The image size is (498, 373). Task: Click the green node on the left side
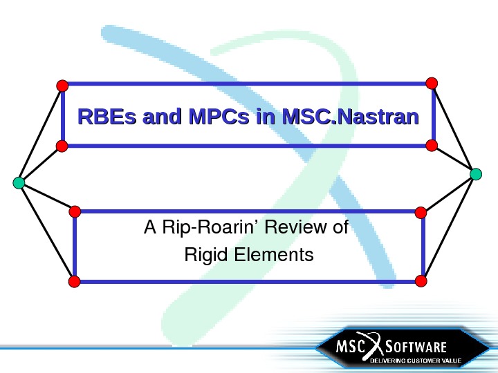(19, 182)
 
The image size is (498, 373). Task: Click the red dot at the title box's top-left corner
(62, 86)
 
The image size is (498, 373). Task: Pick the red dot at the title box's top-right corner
(432, 83)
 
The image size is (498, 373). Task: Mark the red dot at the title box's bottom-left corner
(61, 146)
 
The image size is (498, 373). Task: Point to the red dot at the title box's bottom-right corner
(432, 145)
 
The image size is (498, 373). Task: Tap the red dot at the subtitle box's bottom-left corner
(75, 280)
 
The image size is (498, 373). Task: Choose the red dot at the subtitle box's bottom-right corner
(421, 280)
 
